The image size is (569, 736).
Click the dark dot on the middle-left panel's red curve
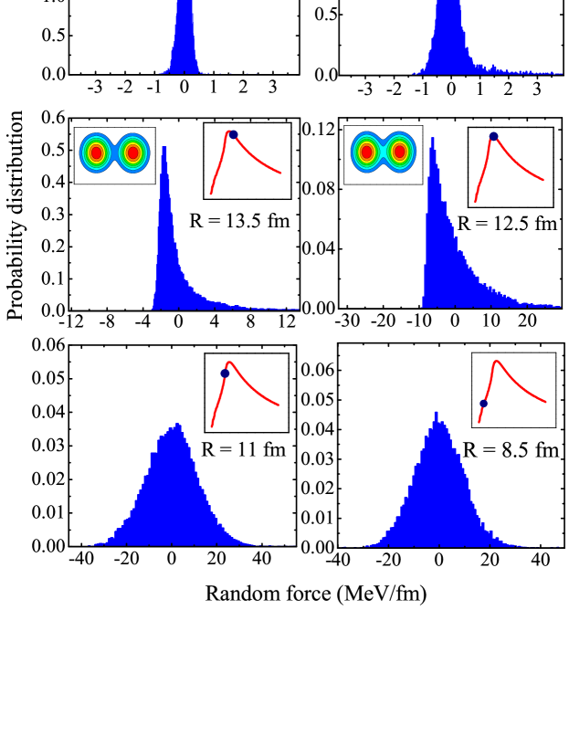point(234,134)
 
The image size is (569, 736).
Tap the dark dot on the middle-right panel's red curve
point(493,136)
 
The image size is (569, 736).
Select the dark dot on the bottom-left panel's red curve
point(225,373)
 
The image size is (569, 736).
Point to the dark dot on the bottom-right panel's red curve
point(483,403)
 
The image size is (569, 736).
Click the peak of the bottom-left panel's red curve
point(229,363)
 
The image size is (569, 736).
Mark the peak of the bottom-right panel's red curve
point(496,362)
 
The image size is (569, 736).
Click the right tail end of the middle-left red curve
point(280,173)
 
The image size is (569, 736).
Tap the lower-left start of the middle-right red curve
point(475,201)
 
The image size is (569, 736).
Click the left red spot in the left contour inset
point(96,153)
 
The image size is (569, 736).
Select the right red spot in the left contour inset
point(133,153)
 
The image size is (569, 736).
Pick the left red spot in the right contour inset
point(366,152)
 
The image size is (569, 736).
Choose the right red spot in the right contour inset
point(399,152)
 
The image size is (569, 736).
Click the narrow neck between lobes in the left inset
point(114,154)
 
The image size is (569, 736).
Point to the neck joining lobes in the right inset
point(383,152)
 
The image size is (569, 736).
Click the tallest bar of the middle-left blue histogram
point(164,149)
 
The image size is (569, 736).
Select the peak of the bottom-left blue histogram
point(179,426)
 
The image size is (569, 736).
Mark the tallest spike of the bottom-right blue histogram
point(436,414)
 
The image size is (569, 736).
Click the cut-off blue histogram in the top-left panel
point(184,37)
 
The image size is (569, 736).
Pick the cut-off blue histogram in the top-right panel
point(448,37)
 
